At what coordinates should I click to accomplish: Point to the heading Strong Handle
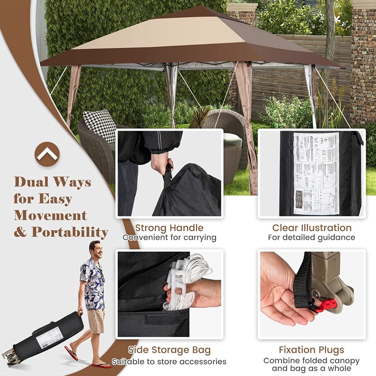click(x=169, y=228)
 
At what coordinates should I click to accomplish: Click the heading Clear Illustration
click(x=312, y=228)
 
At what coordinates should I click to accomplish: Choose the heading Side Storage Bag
click(x=169, y=350)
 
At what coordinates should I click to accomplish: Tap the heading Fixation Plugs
click(x=311, y=350)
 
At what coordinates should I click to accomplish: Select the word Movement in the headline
click(x=50, y=216)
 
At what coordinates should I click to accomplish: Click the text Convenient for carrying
click(x=169, y=238)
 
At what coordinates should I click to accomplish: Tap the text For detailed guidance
click(x=311, y=238)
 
